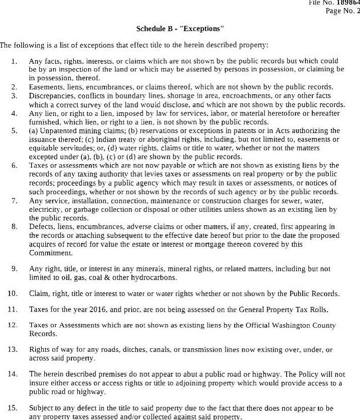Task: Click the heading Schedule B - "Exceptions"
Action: pos(180,29)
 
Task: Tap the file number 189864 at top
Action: pos(350,3)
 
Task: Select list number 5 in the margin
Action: pos(14,130)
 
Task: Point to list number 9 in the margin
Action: pos(14,268)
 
